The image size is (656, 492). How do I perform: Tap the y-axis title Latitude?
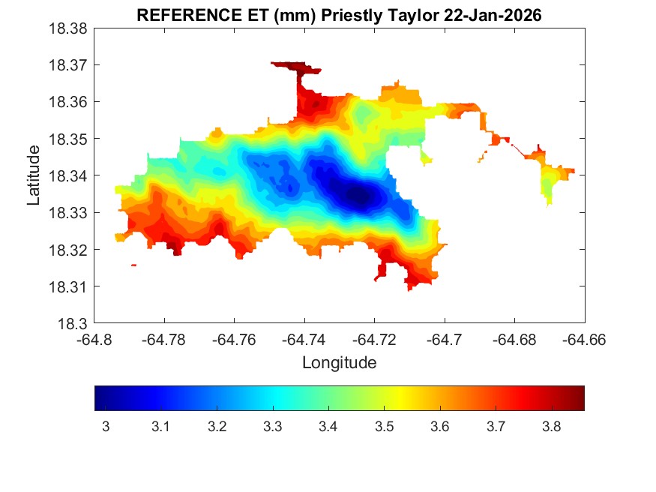[x=33, y=175]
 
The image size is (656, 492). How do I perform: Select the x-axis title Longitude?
[x=339, y=363]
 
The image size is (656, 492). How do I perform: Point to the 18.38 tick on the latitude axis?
[x=69, y=28]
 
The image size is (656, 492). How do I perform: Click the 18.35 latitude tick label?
[x=69, y=139]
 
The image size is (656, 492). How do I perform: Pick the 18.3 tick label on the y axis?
[x=73, y=323]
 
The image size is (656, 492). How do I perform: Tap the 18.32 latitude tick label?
[x=69, y=250]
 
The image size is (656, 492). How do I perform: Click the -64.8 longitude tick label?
[x=96, y=340]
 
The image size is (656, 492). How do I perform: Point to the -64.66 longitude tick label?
[x=584, y=340]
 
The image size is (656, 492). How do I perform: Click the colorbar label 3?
[x=106, y=427]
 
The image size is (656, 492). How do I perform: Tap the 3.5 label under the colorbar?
[x=384, y=427]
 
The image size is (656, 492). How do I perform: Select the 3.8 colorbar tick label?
[x=551, y=427]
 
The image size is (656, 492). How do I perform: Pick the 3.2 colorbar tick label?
[x=217, y=427]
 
